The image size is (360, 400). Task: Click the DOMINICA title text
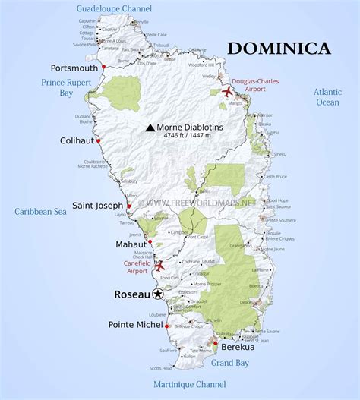[279, 49]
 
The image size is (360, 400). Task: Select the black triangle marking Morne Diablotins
[150, 128]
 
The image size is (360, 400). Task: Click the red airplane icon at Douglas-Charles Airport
[226, 92]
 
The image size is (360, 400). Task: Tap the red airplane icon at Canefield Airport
[159, 266]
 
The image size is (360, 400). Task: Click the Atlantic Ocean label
[327, 96]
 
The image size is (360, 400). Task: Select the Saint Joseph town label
[97, 205]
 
